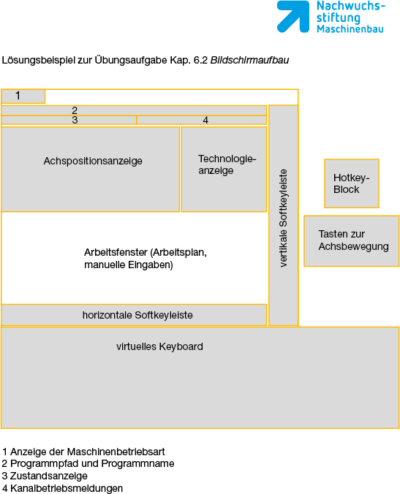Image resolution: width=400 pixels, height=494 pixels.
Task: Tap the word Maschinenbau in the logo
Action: pyautogui.click(x=350, y=29)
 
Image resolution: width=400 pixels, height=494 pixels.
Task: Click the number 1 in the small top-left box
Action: pyautogui.click(x=18, y=96)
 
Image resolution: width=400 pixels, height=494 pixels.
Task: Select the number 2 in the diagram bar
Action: pyautogui.click(x=75, y=110)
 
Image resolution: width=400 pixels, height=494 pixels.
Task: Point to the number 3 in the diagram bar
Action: pyautogui.click(x=75, y=120)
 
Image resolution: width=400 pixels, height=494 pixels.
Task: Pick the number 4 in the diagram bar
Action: pyautogui.click(x=205, y=120)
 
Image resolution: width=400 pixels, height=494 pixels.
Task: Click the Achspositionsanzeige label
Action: pyautogui.click(x=93, y=161)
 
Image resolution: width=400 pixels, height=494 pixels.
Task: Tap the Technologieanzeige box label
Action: pyautogui.click(x=227, y=164)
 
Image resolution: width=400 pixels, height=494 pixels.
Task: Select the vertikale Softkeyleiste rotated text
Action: pyautogui.click(x=284, y=218)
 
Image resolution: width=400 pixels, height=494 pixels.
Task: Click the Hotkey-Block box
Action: pyautogui.click(x=352, y=183)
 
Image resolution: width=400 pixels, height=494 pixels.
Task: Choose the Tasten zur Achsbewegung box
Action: pyautogui.click(x=352, y=241)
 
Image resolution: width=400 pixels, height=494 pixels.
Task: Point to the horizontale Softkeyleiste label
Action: pyautogui.click(x=137, y=315)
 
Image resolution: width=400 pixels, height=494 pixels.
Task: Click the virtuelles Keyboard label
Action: pyautogui.click(x=159, y=346)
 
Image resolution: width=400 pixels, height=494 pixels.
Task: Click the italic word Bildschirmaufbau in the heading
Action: pyautogui.click(x=249, y=60)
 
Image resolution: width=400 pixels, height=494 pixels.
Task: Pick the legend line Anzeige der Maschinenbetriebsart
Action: pyautogui.click(x=83, y=452)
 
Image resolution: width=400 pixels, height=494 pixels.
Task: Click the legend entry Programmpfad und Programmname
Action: pyautogui.click(x=88, y=464)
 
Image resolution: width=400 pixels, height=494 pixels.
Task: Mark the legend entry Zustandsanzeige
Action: pyautogui.click(x=45, y=476)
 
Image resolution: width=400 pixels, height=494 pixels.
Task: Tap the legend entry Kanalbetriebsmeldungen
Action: pyautogui.click(x=62, y=488)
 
